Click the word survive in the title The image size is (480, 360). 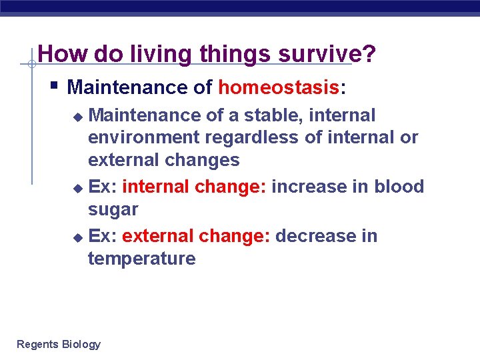319,55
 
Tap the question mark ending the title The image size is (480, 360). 369,55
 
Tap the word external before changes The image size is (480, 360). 125,161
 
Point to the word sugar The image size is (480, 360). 113,209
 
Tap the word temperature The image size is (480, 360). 142,259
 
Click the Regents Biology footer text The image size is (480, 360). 59,345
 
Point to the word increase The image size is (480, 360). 309,187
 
